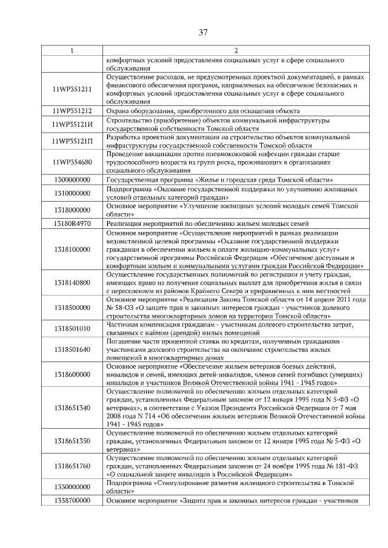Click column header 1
point(72,51)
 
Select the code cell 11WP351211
point(72,90)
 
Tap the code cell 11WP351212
point(72,111)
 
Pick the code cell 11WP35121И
point(72,124)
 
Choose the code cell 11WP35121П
point(72,142)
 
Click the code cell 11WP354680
point(72,162)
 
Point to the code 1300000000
point(72,180)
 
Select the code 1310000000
point(72,193)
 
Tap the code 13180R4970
point(72,223)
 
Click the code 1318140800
point(72,282)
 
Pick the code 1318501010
point(72,328)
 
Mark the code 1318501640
point(72,349)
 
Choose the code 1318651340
point(72,408)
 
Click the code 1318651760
point(72,466)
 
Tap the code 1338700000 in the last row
point(72,501)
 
